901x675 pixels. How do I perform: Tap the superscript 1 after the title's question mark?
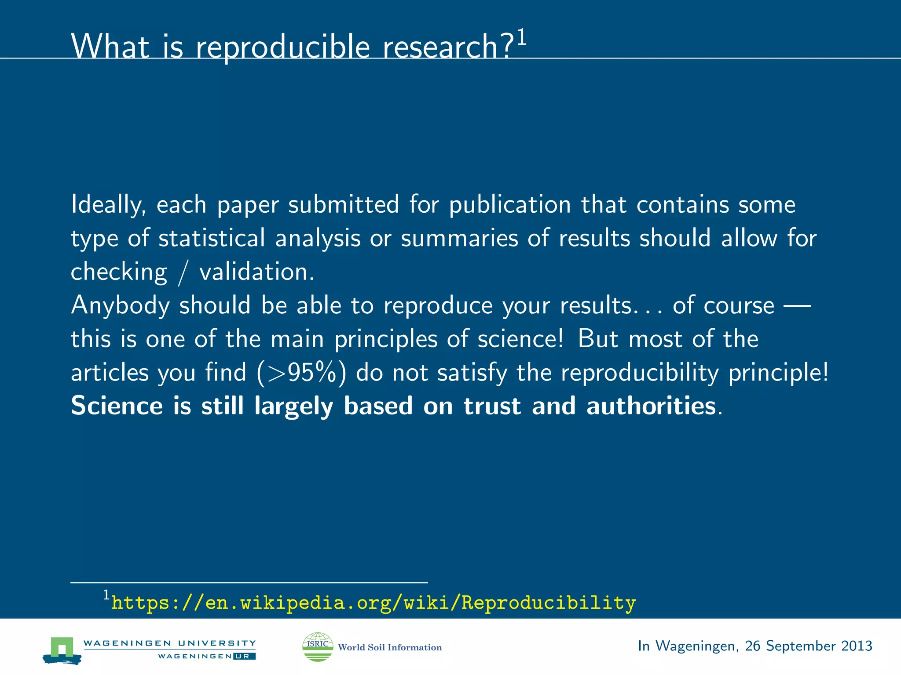tap(521, 38)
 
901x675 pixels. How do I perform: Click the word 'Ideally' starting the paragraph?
tap(108, 205)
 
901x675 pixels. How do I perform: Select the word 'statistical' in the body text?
tap(212, 238)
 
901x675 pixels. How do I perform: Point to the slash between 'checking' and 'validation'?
tap(183, 272)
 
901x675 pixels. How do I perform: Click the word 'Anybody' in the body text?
tap(120, 305)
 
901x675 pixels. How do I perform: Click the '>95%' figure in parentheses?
tap(301, 373)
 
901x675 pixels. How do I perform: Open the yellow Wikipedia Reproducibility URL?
tap(374, 602)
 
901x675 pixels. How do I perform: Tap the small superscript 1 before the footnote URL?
tap(106, 595)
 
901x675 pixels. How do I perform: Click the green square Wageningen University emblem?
tap(62, 649)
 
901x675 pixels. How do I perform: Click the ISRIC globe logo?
tap(318, 646)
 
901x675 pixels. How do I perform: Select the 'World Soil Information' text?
tap(390, 647)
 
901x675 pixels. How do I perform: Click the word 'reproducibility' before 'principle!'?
tap(640, 373)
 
